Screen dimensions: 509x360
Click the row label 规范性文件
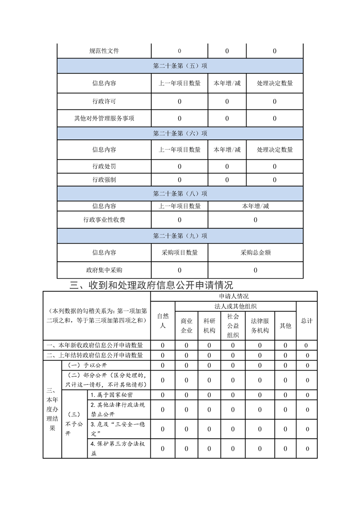pyautogui.click(x=104, y=51)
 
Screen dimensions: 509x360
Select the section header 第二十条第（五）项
pyautogui.click(x=180, y=66)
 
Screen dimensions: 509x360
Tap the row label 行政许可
pyautogui.click(x=104, y=102)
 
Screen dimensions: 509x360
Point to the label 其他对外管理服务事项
pyautogui.click(x=104, y=118)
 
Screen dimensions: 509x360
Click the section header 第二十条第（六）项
pyautogui.click(x=180, y=133)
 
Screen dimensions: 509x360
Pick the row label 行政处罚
pyautogui.click(x=104, y=166)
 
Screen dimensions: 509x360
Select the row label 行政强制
pyautogui.click(x=104, y=180)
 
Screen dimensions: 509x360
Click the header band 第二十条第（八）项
pyautogui.click(x=180, y=194)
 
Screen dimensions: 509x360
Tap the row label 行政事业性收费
pyautogui.click(x=104, y=220)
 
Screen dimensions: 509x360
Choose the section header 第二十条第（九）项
pyautogui.click(x=180, y=236)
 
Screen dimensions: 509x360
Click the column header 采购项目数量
pyautogui.click(x=179, y=253)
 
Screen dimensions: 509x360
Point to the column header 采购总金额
pyautogui.click(x=256, y=253)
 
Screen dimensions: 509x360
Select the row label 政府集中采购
pyautogui.click(x=104, y=270)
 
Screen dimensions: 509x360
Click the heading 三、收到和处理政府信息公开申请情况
pyautogui.click(x=152, y=285)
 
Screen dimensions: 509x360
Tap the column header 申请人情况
pyautogui.click(x=234, y=296)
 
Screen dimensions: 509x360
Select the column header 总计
pyautogui.click(x=307, y=321)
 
